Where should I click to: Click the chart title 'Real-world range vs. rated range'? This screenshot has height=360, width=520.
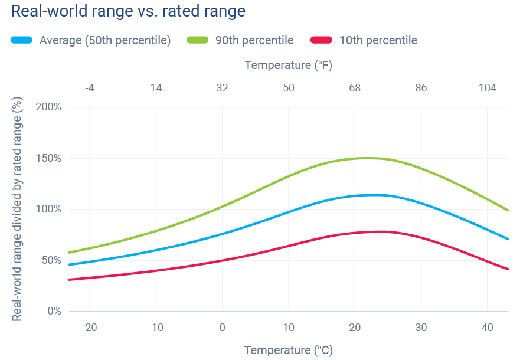coord(128,11)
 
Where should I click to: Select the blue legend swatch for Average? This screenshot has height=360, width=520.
coord(22,40)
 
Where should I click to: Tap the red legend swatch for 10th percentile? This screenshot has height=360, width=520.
coord(321,40)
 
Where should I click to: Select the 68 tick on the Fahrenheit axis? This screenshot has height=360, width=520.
coord(355,88)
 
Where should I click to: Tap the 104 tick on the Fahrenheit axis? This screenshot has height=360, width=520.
coord(487,88)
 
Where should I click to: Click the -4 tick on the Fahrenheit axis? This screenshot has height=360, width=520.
coord(89,88)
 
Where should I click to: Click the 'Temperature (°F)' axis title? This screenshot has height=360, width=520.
coord(289,65)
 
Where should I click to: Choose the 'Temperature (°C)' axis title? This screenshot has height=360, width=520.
coord(289,350)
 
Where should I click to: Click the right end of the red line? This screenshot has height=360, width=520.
coord(508,269)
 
